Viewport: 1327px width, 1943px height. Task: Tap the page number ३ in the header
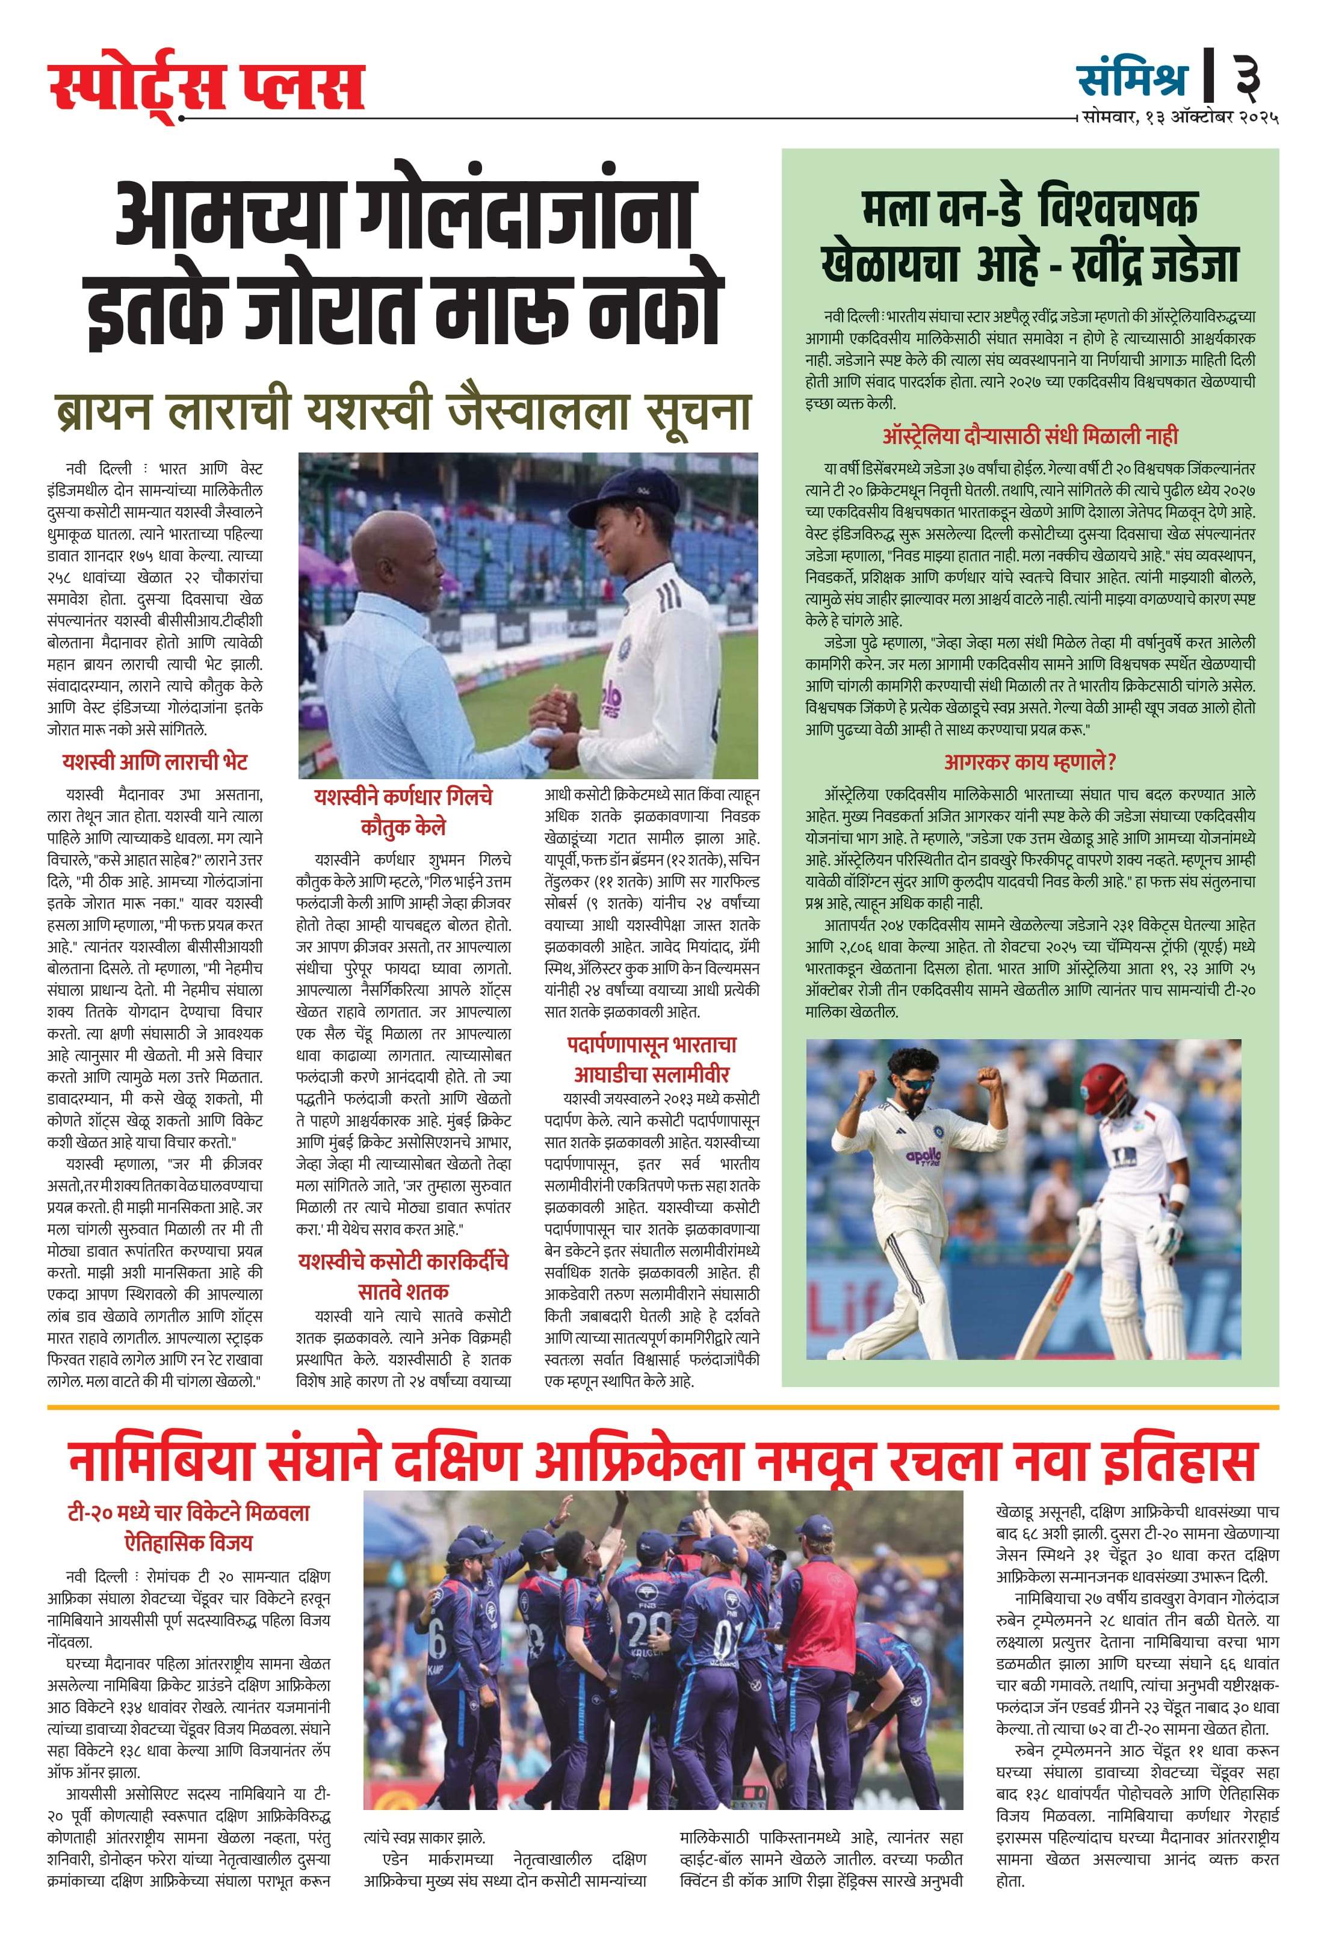point(1247,78)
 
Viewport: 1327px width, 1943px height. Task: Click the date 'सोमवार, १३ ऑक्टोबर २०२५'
point(1180,117)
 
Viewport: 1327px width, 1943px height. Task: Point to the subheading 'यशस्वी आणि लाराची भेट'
point(155,762)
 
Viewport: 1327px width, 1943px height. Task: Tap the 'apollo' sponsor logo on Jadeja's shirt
point(923,1157)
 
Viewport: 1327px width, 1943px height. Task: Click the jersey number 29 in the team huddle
point(649,1627)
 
